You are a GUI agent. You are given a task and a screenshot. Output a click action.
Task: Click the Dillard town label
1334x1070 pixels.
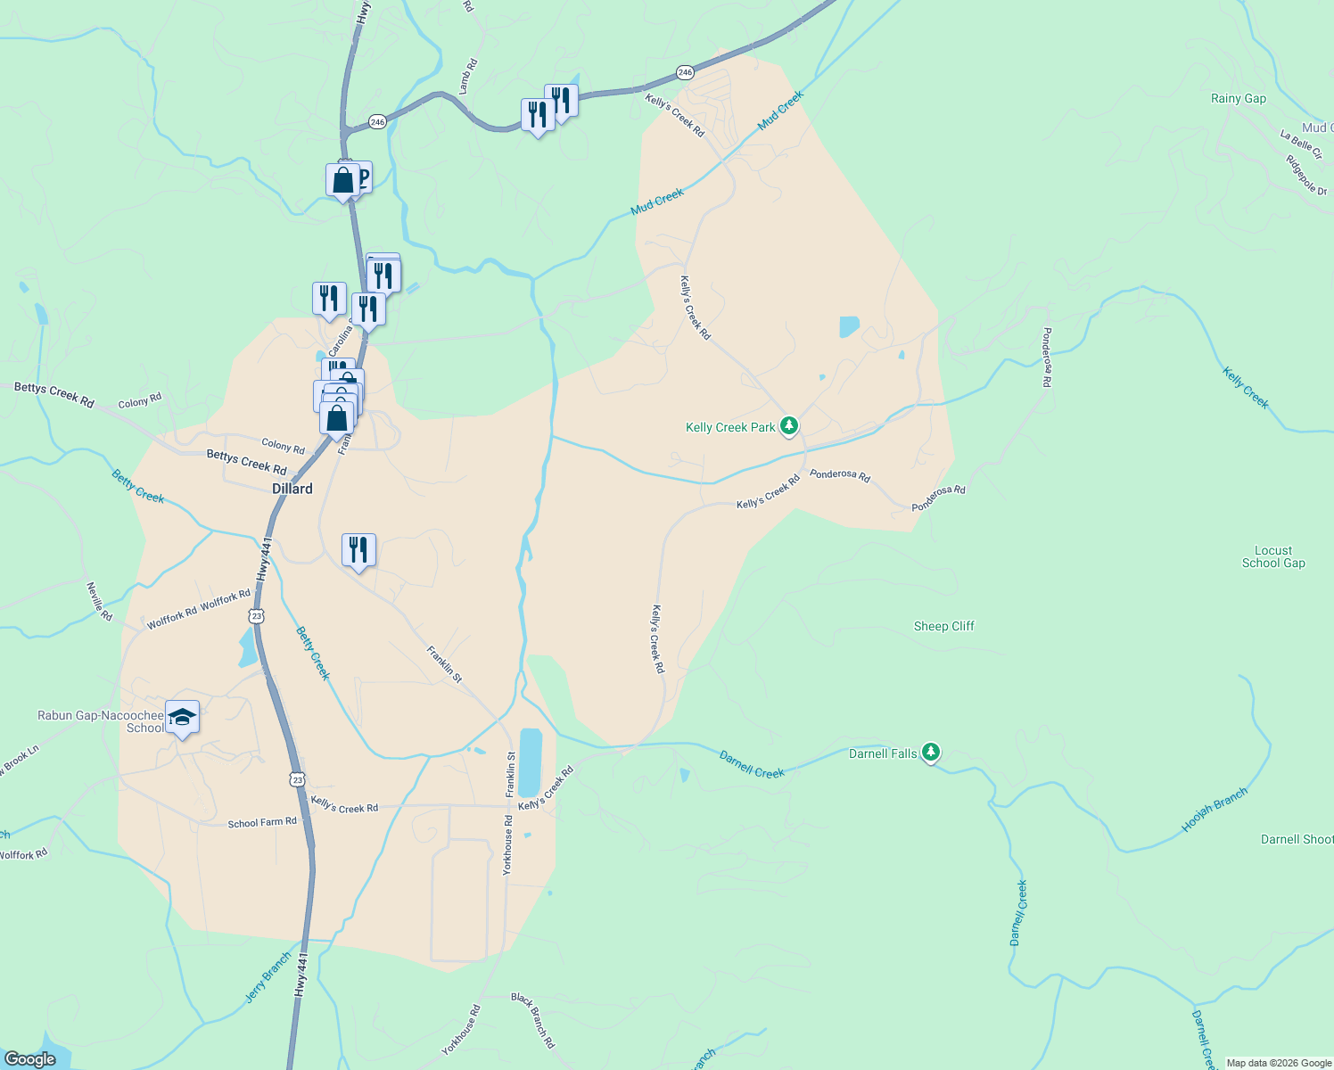tap(292, 489)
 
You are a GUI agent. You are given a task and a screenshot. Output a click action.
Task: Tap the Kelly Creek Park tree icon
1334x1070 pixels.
tap(789, 426)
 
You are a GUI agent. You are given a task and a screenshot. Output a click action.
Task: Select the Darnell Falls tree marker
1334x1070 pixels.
tap(931, 753)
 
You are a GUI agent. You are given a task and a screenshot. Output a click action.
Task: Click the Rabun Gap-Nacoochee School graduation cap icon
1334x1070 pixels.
tap(182, 718)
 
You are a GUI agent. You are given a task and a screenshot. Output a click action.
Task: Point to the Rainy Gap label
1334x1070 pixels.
tap(1238, 98)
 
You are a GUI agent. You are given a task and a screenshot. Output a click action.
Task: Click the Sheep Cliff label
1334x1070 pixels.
tap(943, 626)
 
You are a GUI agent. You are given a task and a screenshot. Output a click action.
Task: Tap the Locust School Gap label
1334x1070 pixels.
tap(1272, 556)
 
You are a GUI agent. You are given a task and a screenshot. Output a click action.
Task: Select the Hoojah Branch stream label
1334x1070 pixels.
tap(1214, 811)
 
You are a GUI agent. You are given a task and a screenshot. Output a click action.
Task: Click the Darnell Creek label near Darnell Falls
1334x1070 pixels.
tap(752, 765)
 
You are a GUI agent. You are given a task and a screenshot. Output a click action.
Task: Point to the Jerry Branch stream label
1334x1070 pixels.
tap(268, 978)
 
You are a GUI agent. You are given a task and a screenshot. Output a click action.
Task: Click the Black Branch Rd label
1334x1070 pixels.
tap(533, 1019)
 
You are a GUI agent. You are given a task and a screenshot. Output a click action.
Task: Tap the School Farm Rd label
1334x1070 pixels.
tap(262, 822)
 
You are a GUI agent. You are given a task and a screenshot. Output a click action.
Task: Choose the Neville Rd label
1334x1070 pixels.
tap(99, 601)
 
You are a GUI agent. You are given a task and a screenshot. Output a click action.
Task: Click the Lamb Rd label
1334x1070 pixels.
tap(468, 76)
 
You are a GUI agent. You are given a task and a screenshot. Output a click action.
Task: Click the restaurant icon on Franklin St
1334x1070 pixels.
tap(358, 550)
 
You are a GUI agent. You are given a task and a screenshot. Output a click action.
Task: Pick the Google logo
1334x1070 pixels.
tap(30, 1059)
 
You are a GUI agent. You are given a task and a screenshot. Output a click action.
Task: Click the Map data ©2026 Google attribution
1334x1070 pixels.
tap(1279, 1063)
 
